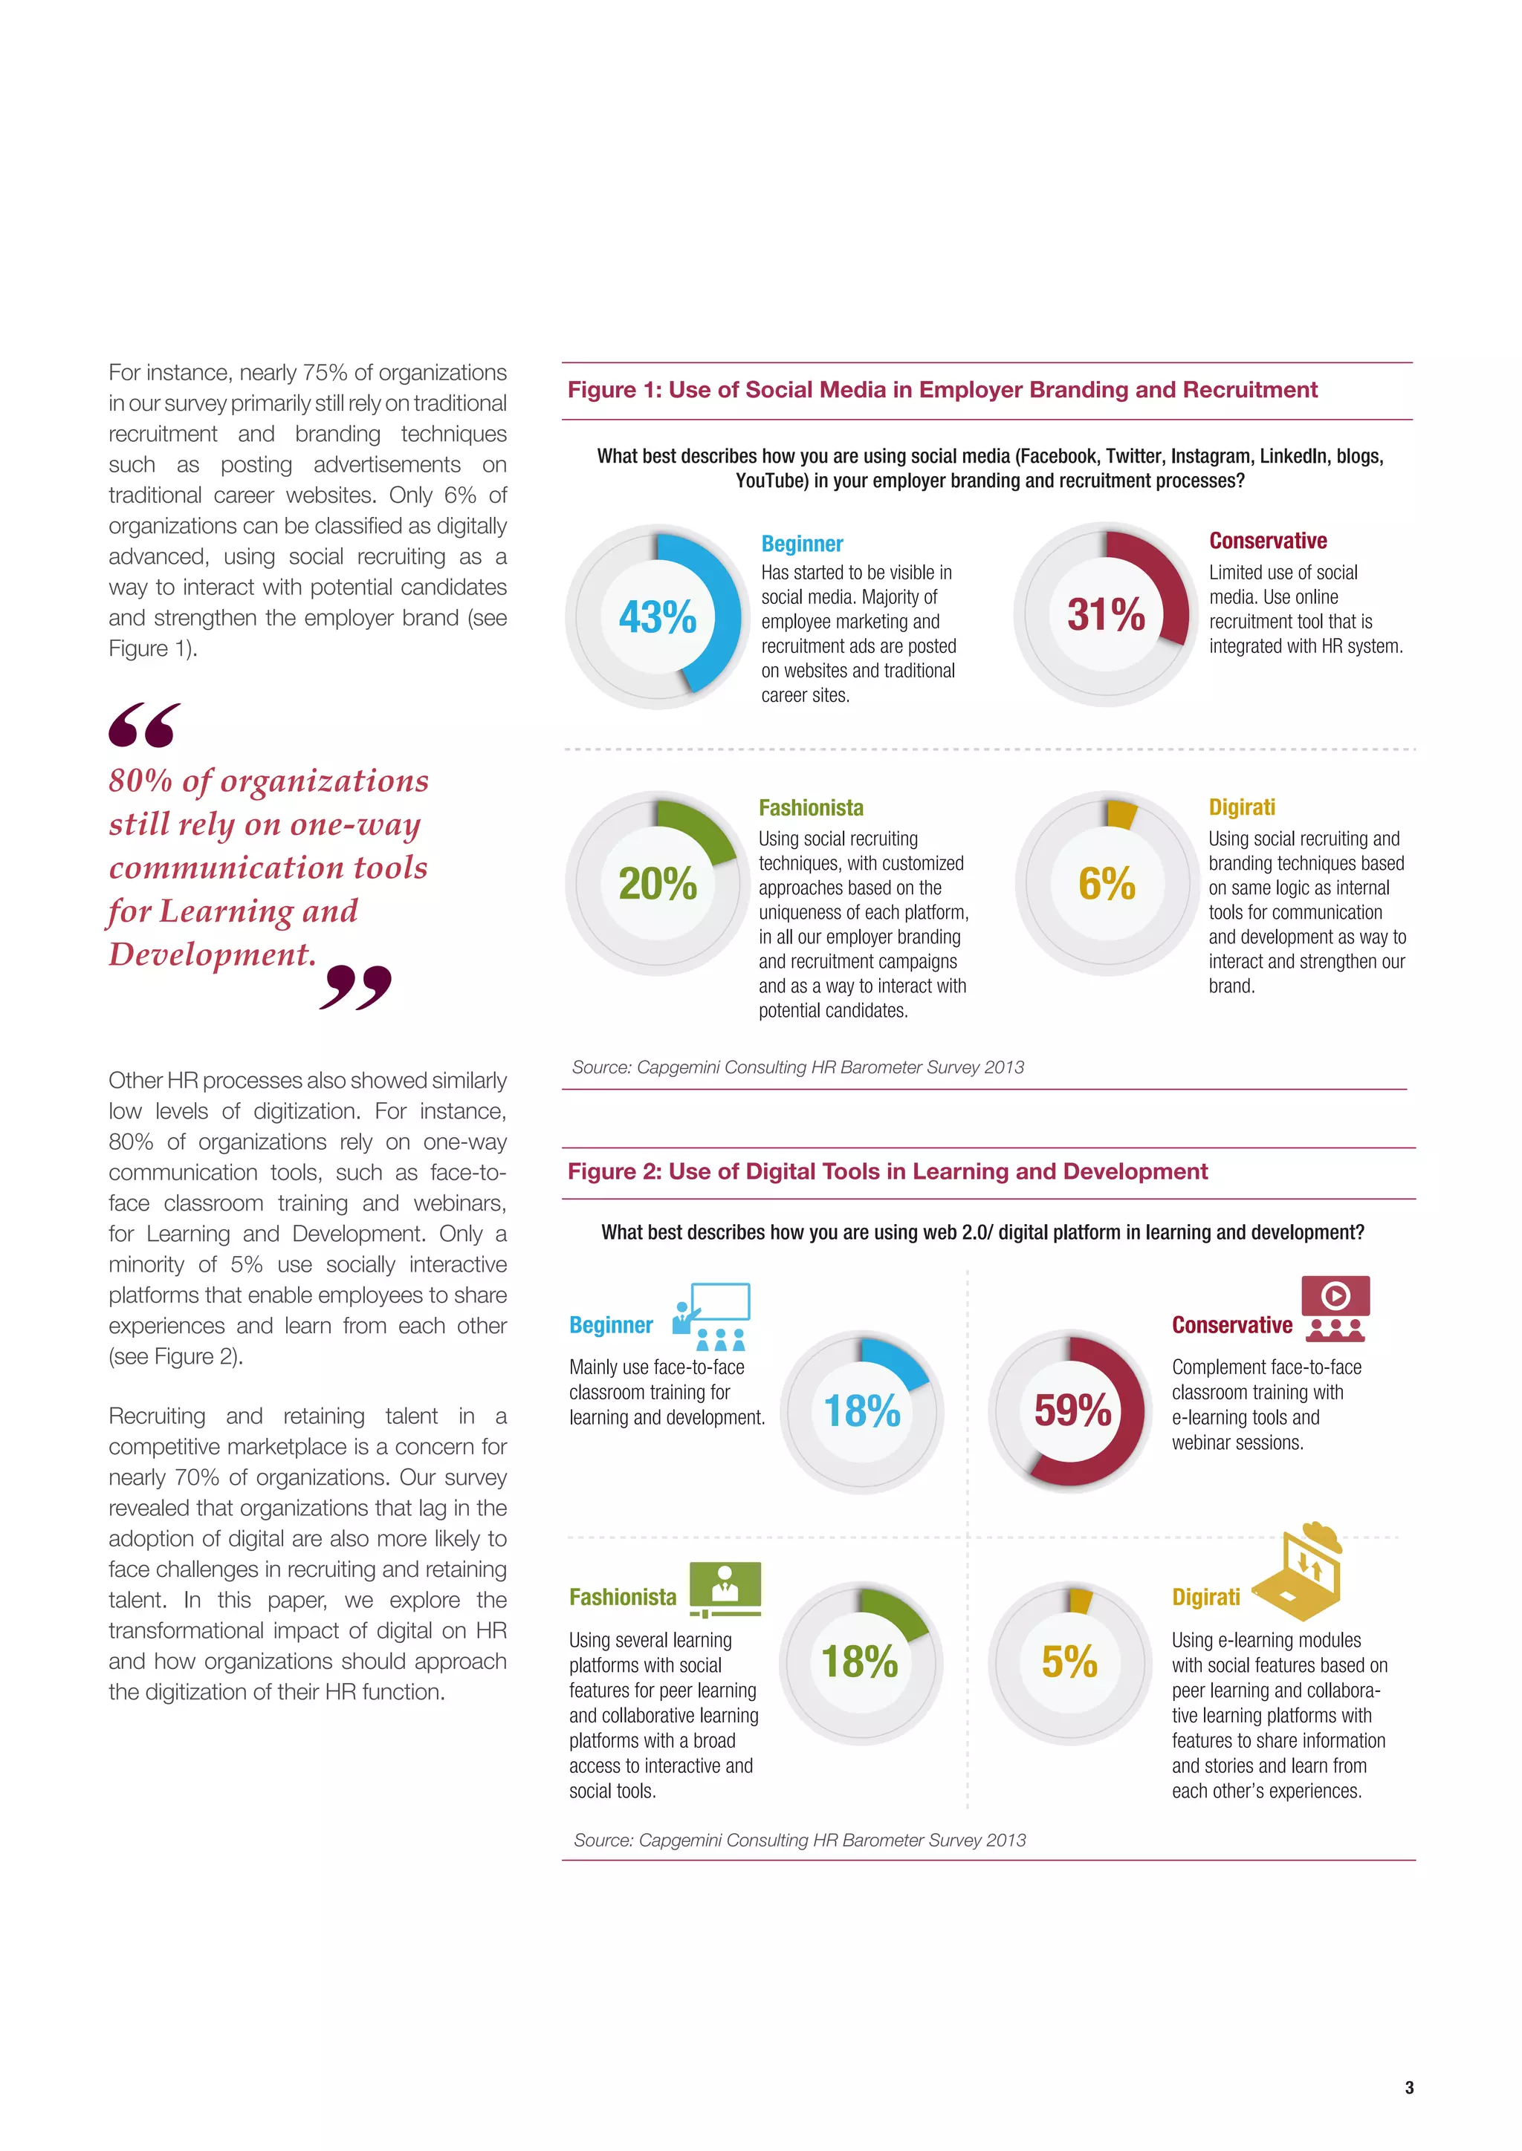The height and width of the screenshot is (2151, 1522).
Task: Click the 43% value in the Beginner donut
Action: [x=657, y=616]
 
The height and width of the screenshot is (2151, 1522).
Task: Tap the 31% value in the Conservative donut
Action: [x=1106, y=614]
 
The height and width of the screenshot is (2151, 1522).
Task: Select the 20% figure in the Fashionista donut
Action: [x=657, y=883]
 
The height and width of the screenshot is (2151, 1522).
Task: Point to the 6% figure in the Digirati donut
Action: [x=1106, y=883]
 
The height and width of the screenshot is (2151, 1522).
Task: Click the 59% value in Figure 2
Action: [x=1072, y=1410]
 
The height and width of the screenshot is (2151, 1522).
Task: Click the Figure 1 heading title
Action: [x=942, y=390]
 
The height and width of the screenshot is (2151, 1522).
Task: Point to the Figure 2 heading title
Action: [x=887, y=1171]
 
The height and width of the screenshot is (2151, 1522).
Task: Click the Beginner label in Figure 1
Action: [x=802, y=544]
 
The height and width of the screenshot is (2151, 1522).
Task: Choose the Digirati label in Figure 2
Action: [x=1205, y=1596]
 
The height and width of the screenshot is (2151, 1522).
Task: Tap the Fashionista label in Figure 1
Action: [x=811, y=807]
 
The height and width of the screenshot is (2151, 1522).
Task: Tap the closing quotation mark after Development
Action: [x=355, y=986]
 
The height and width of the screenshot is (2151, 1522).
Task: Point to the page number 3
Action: [x=1408, y=2087]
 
